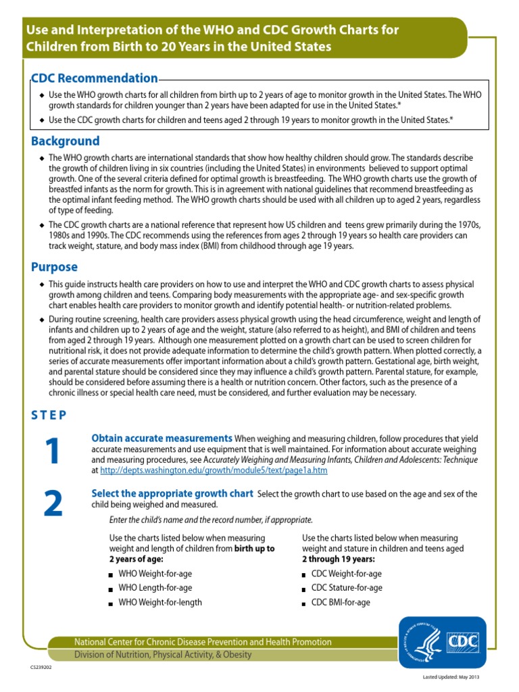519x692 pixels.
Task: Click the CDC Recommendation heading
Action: tap(95, 78)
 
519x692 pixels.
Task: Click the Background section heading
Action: tap(66, 141)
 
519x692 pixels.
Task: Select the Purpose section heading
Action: tap(55, 267)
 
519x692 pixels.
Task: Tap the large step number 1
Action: tap(51, 451)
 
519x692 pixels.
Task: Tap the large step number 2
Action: tap(51, 504)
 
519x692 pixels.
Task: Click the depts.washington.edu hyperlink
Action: tap(214, 470)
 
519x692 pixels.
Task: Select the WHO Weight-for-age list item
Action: tap(155, 574)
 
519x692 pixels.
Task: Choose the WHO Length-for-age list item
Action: tap(155, 588)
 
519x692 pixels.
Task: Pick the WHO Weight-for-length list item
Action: tap(160, 602)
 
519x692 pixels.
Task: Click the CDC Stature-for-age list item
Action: tap(347, 588)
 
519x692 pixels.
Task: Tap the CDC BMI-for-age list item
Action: tap(341, 602)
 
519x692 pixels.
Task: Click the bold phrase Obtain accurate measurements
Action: tap(162, 438)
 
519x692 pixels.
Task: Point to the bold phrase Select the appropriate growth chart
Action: tap(172, 493)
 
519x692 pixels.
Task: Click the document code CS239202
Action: tap(41, 667)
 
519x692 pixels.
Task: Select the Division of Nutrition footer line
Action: tap(163, 654)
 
